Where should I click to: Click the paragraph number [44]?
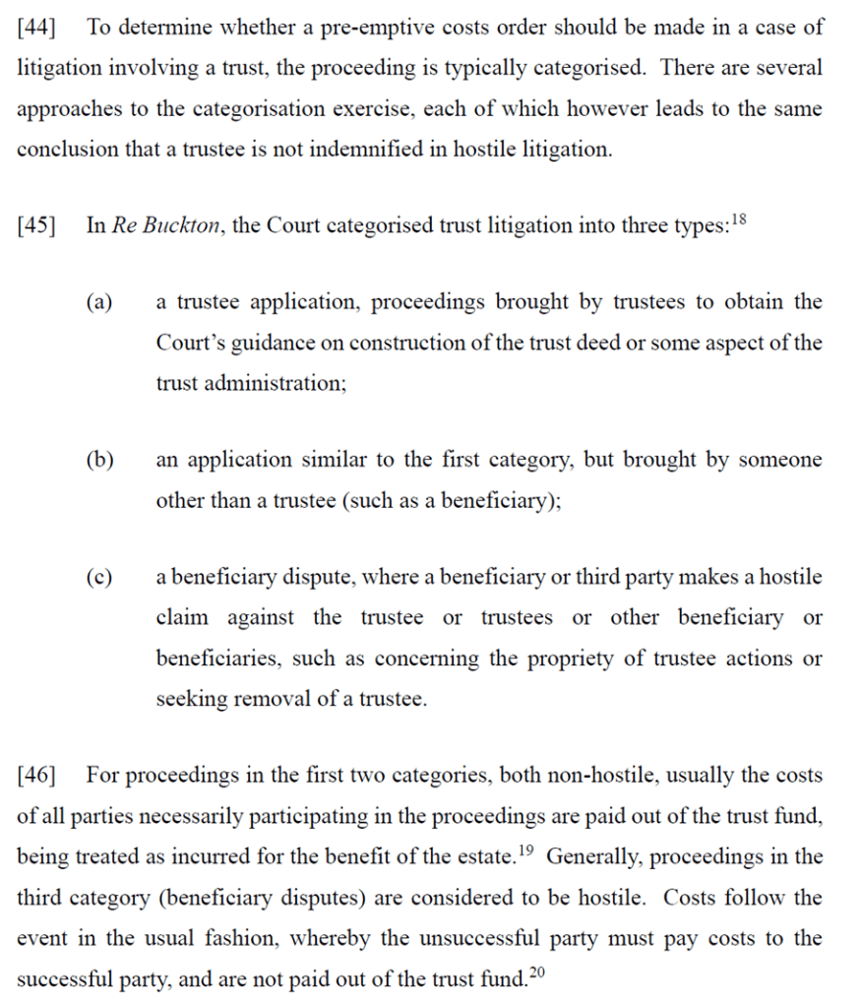coord(36,28)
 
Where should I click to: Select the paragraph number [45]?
coord(36,225)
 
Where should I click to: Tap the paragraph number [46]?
coord(36,776)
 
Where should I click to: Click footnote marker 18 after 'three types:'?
coord(740,219)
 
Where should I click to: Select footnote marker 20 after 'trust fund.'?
coord(536,973)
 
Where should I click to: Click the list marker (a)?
coord(97,302)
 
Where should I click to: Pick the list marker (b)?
coord(98,460)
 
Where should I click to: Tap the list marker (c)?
coord(97,578)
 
